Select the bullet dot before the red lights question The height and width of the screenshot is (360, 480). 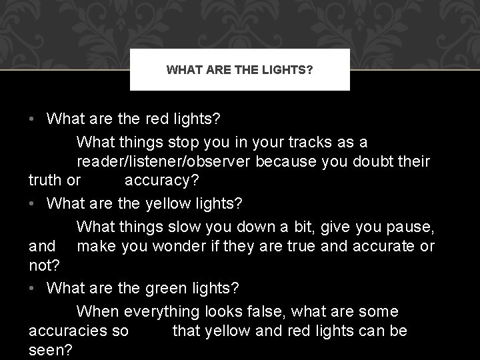point(33,120)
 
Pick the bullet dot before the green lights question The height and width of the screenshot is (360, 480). point(33,289)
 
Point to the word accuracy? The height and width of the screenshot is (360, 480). point(161,180)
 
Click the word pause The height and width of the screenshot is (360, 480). point(410,228)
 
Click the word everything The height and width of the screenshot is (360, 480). point(167,312)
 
